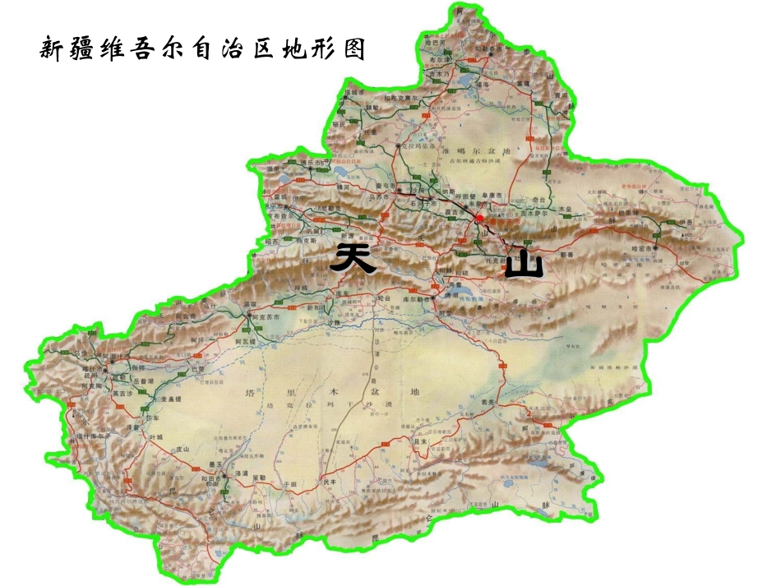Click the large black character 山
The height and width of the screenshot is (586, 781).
pyautogui.click(x=524, y=264)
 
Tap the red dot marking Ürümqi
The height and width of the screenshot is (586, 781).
pyautogui.click(x=479, y=218)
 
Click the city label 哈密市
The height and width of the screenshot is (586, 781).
pyautogui.click(x=644, y=247)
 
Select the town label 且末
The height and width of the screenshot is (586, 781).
pyautogui.click(x=422, y=441)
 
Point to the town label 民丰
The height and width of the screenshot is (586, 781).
pyautogui.click(x=330, y=482)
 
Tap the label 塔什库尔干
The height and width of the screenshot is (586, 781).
pyautogui.click(x=91, y=436)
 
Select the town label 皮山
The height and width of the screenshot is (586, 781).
pyautogui.click(x=183, y=450)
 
